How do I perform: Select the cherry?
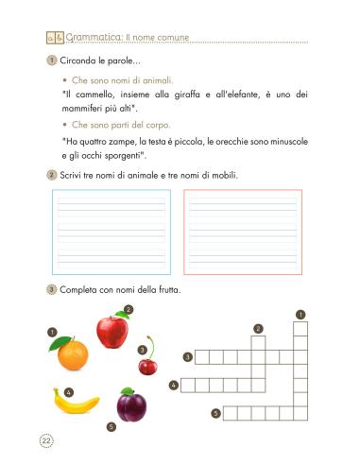click(x=146, y=364)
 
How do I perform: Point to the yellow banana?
click(x=76, y=405)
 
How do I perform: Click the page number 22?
click(x=46, y=439)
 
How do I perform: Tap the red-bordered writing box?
click(x=243, y=232)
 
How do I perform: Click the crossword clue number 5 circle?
click(x=215, y=413)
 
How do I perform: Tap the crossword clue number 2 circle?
click(x=257, y=328)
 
